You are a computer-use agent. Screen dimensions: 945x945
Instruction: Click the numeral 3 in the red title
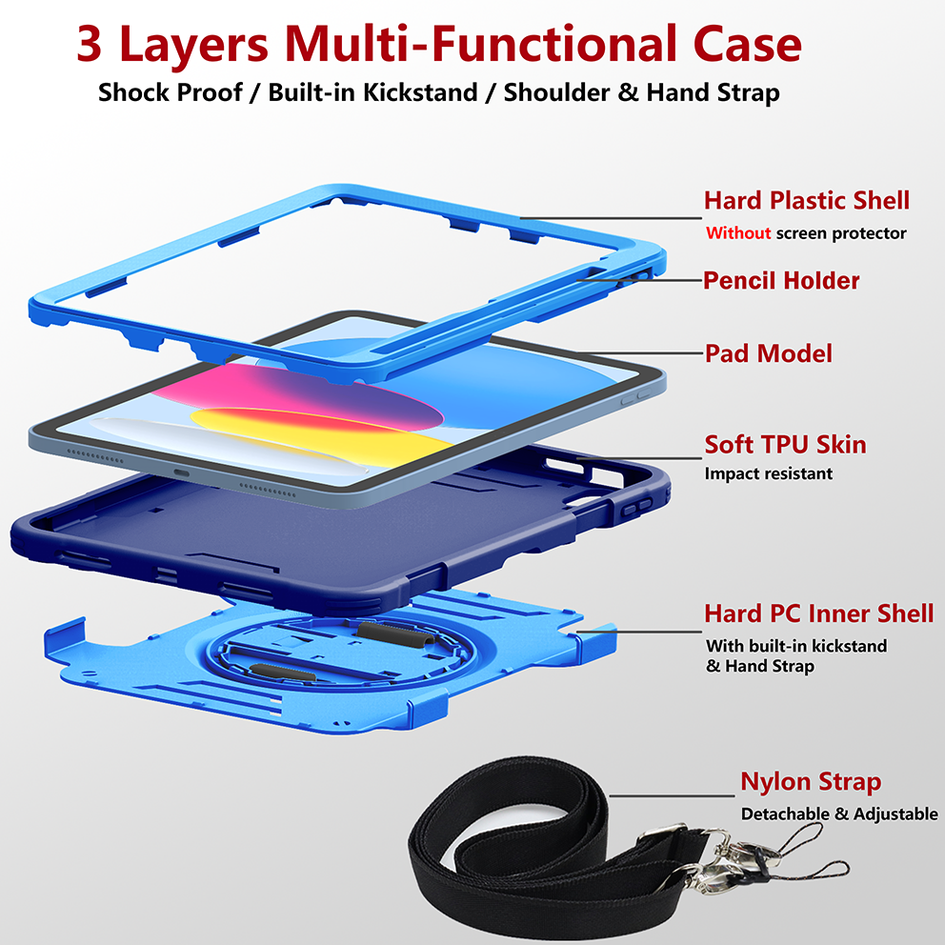tap(90, 44)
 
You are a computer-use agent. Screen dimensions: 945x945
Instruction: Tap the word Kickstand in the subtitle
tap(420, 92)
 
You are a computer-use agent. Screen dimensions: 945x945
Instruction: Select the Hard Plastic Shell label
tap(806, 200)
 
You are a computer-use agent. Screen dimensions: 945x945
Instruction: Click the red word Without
tap(738, 232)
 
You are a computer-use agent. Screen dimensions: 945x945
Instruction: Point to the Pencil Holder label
tap(781, 280)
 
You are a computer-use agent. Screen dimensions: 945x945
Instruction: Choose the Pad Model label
tap(769, 353)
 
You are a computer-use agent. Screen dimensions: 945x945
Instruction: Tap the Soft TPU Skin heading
tap(785, 444)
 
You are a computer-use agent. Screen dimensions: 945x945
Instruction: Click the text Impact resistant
tap(769, 473)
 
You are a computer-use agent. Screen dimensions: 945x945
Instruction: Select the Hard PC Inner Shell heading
tap(819, 613)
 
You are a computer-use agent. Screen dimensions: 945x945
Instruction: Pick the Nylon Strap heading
tap(811, 782)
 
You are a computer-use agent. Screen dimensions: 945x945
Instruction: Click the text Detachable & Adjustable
tap(839, 814)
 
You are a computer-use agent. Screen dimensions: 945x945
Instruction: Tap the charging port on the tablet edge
tap(181, 473)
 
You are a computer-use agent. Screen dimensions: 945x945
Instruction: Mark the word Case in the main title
tap(747, 44)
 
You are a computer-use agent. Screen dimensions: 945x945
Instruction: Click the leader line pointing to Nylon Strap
tap(672, 795)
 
